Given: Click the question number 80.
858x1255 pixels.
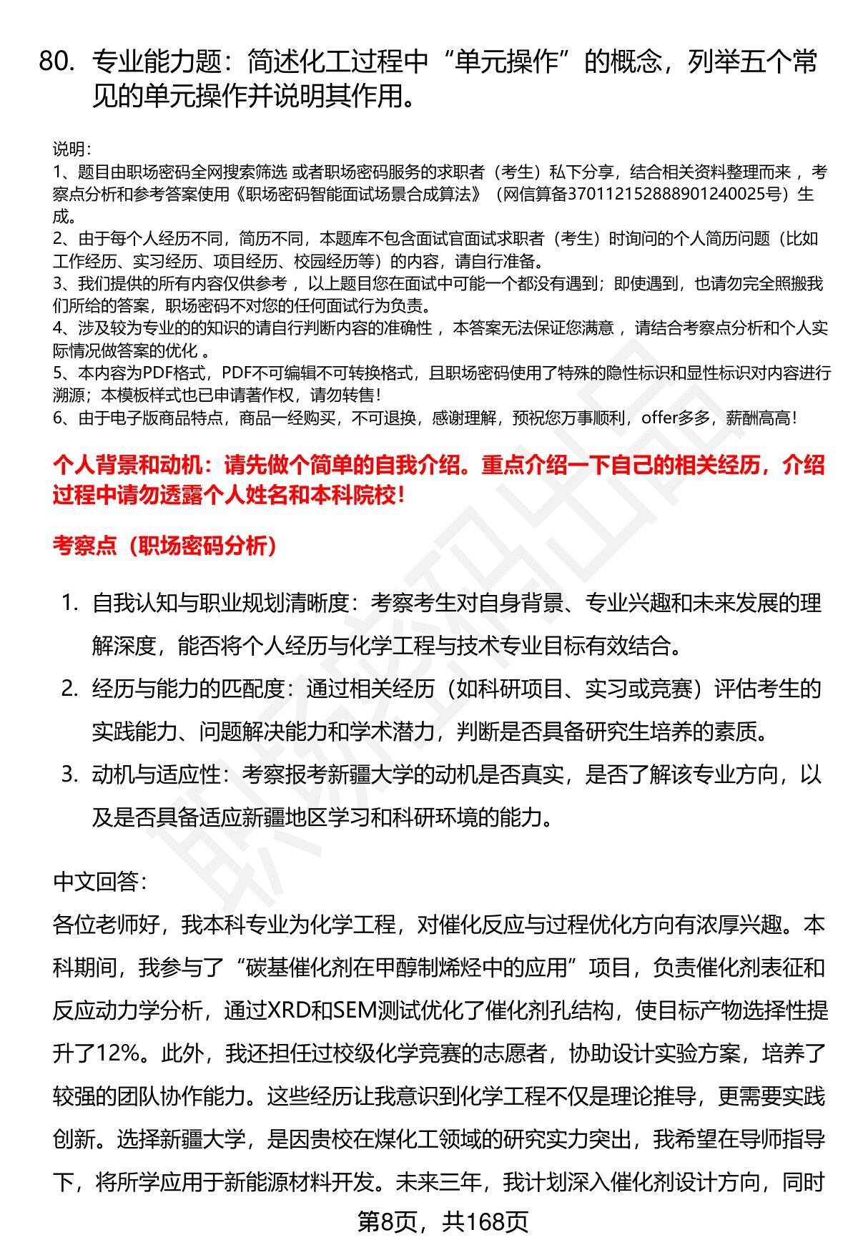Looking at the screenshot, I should point(58,63).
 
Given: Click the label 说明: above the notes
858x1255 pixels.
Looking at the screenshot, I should point(71,149).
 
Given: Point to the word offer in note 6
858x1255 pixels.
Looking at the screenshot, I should point(659,418).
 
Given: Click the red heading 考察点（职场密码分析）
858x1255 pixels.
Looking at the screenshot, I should point(165,546).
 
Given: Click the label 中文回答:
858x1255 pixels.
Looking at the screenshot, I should point(100,882).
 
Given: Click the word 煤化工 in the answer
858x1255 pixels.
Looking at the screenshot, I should point(437,1139).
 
